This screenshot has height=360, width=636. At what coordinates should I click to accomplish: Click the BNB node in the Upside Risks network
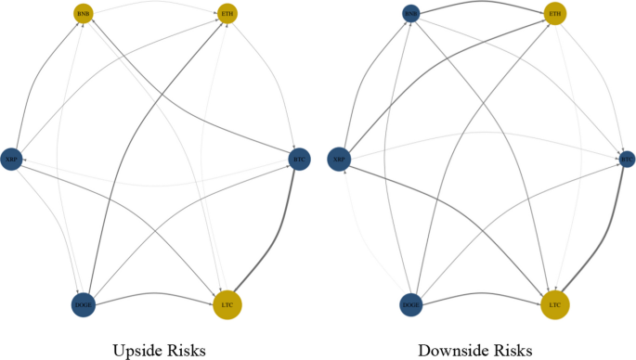[x=84, y=14]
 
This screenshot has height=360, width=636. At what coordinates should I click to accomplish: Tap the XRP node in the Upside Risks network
[x=12, y=159]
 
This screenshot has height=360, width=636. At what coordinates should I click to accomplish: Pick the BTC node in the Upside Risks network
[x=299, y=159]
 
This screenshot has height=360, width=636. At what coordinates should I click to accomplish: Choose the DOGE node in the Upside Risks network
[x=84, y=303]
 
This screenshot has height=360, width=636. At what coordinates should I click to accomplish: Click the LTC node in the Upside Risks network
[x=227, y=304]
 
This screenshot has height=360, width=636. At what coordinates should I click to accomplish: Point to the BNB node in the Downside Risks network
[x=411, y=13]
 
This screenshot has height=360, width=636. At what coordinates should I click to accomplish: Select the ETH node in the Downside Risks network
[x=555, y=14]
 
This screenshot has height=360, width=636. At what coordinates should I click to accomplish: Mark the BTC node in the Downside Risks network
[x=627, y=159]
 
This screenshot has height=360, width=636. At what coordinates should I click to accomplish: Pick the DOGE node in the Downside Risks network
[x=411, y=303]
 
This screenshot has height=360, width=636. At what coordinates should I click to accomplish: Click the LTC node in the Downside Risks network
[x=555, y=304]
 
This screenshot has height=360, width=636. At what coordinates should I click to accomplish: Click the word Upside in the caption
[x=136, y=350]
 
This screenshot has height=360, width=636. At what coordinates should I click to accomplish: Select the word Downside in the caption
[x=448, y=350]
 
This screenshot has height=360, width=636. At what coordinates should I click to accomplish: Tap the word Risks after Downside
[x=513, y=350]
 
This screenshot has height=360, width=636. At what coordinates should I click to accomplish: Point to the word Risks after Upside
[x=185, y=350]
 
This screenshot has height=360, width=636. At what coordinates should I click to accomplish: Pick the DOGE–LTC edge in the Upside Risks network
[x=153, y=294]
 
